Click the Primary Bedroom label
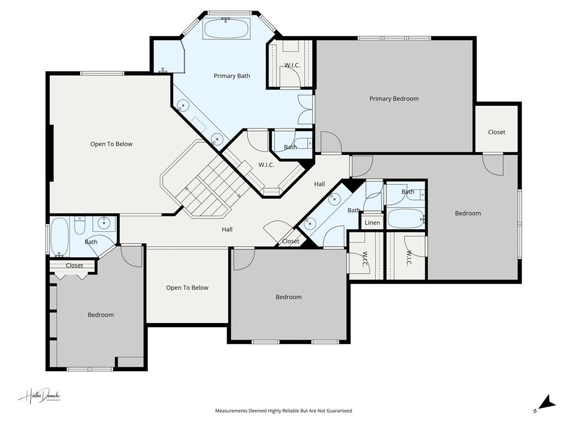click(x=394, y=99)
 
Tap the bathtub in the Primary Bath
click(x=226, y=28)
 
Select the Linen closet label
click(x=373, y=223)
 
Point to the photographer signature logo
click(x=39, y=396)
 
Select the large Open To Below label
click(x=111, y=144)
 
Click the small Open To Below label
click(x=187, y=288)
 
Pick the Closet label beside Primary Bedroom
click(x=496, y=132)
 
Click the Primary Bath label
click(x=232, y=76)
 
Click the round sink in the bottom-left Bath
click(x=103, y=223)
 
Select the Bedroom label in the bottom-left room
click(x=101, y=315)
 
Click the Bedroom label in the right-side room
click(x=468, y=213)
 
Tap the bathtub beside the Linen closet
click(x=405, y=218)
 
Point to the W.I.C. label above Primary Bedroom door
click(x=292, y=65)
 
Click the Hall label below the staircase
click(x=227, y=229)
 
